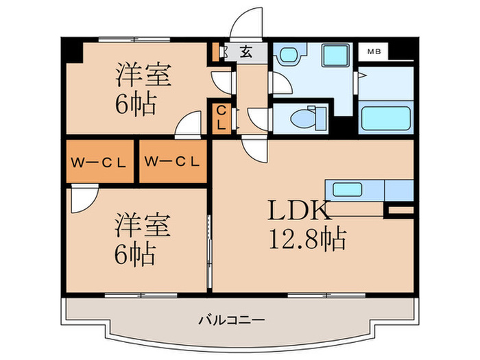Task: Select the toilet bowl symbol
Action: pyautogui.click(x=302, y=118)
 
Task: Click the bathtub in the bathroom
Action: pyautogui.click(x=385, y=119)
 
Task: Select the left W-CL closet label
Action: pyautogui.click(x=99, y=163)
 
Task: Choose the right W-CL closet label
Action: pyautogui.click(x=172, y=163)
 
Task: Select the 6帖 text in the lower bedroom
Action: pyautogui.click(x=135, y=254)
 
